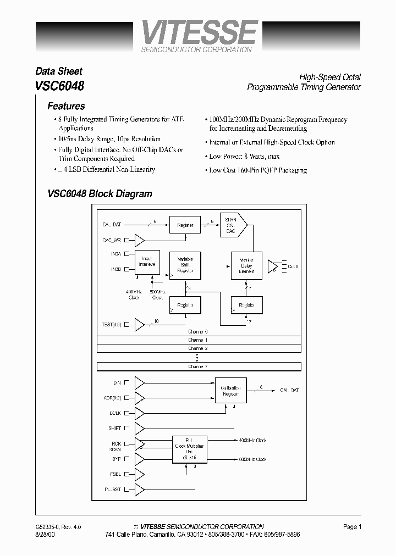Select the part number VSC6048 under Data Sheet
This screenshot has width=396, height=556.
60,86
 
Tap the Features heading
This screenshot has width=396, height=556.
66,106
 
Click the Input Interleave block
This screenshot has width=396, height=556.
147,261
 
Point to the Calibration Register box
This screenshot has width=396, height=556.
230,391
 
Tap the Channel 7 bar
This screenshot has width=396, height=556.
198,366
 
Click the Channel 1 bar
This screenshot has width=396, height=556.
198,340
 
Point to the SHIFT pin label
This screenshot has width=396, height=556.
114,428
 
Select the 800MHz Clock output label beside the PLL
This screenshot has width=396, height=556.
253,459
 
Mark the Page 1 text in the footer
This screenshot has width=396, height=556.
352,527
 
